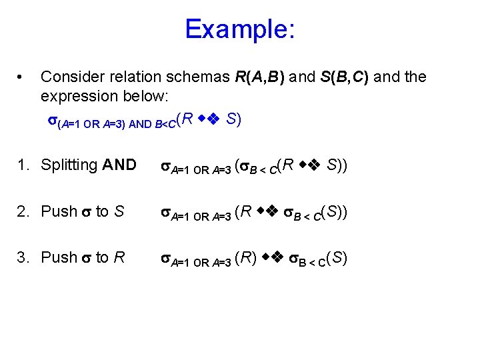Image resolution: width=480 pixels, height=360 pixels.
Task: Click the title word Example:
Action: tap(240, 29)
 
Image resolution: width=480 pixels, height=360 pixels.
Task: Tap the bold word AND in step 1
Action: tap(119, 165)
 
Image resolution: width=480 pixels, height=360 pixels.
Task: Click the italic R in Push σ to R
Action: tap(119, 257)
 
